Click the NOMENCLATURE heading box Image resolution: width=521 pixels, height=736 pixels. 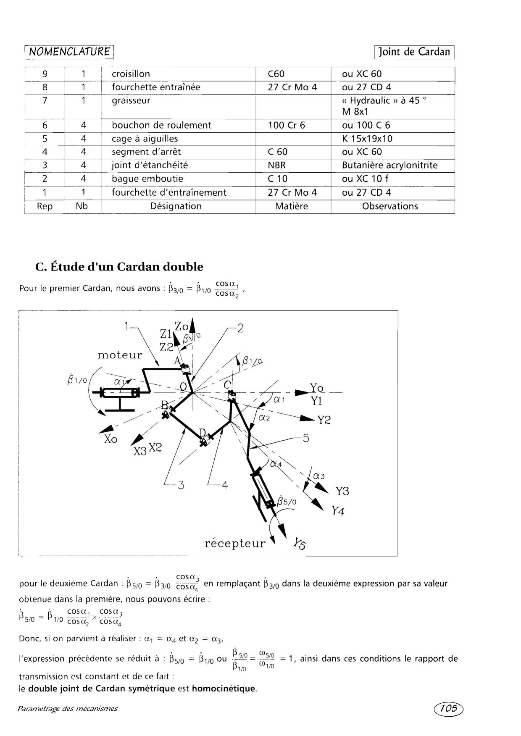(x=69, y=52)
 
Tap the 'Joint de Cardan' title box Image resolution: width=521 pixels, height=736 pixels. (x=414, y=52)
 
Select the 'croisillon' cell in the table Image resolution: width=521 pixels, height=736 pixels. (x=131, y=74)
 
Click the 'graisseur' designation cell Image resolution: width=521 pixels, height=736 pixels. (x=131, y=100)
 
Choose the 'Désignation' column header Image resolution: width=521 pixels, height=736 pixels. (x=176, y=206)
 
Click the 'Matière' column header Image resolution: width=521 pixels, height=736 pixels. (x=291, y=206)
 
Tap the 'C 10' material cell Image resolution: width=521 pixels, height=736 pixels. (x=277, y=179)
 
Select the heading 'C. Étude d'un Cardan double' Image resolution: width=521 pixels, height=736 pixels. (x=120, y=267)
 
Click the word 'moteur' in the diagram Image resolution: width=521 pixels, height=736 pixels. (x=120, y=355)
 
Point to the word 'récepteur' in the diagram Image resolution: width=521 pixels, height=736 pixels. (x=235, y=544)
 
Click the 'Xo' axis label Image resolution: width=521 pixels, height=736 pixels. (x=111, y=439)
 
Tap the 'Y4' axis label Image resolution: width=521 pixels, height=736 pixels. (x=337, y=511)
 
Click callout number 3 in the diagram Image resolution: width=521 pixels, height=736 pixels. (x=181, y=485)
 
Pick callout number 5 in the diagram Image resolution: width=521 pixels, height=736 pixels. (x=305, y=438)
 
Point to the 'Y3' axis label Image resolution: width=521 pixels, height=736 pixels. (x=342, y=491)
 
